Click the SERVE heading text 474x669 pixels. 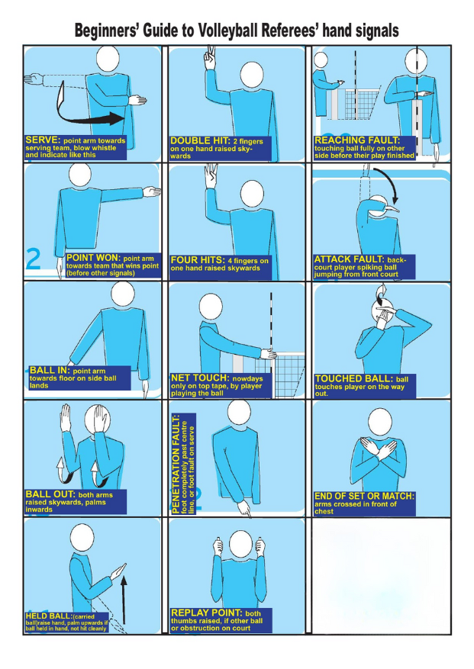coord(44,140)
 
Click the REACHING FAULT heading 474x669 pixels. coord(357,140)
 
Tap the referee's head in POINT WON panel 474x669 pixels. coord(79,175)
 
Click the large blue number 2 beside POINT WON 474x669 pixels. coord(34,259)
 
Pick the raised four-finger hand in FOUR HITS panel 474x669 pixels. coord(211,175)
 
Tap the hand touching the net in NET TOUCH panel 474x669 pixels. coord(269,353)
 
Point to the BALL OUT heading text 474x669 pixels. coord(51,494)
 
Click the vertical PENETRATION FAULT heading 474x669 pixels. coord(176,463)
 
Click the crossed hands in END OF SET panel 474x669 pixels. coord(378,449)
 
